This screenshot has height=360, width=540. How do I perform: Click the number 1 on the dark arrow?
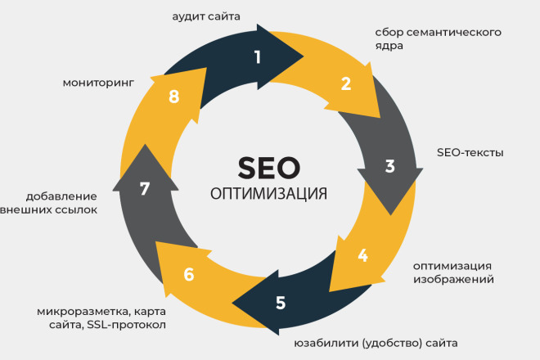coord(258,56)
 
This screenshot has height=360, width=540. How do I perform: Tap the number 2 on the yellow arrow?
coord(345,83)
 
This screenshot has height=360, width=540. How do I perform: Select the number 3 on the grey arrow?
coord(390,165)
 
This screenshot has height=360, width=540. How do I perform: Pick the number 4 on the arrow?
coord(362,254)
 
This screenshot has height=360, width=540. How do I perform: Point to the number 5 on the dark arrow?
coord(281,302)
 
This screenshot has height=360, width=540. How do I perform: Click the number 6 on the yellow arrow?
coord(189,274)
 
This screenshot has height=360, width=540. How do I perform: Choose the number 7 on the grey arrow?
coord(145,189)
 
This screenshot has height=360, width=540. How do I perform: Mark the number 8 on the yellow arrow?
coord(173,97)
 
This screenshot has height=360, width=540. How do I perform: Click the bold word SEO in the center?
coord(269,167)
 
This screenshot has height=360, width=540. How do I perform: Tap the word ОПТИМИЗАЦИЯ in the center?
coord(269,194)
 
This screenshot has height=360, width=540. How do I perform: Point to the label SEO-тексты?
coord(470,152)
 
